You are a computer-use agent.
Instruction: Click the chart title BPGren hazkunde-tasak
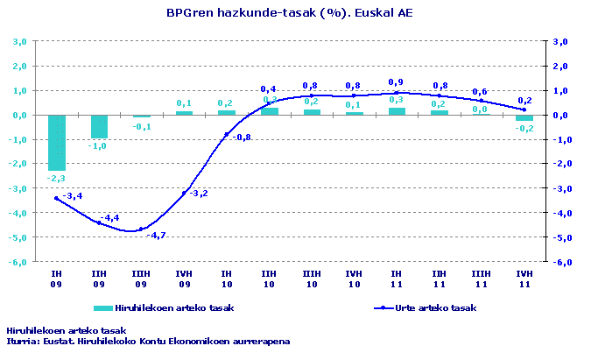(x=289, y=13)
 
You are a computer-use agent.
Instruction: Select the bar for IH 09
(x=57, y=142)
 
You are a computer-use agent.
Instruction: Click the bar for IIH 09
(x=99, y=126)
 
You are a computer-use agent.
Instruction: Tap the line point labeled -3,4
(x=57, y=198)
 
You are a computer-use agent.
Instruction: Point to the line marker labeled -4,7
(x=142, y=229)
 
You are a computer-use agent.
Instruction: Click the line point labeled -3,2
(x=184, y=193)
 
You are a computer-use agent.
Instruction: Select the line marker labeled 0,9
(x=397, y=92)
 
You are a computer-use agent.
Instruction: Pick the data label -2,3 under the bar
(x=57, y=179)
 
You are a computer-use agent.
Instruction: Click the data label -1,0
(x=99, y=145)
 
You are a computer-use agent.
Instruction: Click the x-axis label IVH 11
(x=524, y=279)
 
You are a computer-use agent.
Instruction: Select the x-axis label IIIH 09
(x=142, y=279)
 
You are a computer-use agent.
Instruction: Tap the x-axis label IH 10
(x=227, y=279)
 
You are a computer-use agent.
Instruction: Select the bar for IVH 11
(x=524, y=117)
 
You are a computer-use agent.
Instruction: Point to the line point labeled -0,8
(x=227, y=134)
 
